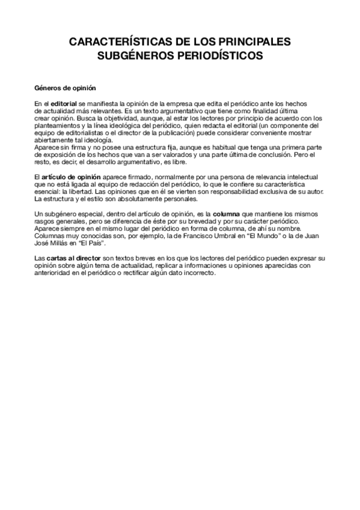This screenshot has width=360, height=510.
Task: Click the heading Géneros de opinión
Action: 61,87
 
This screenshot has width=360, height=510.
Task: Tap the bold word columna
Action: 227,214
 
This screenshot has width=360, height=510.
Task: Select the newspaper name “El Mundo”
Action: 249,237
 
